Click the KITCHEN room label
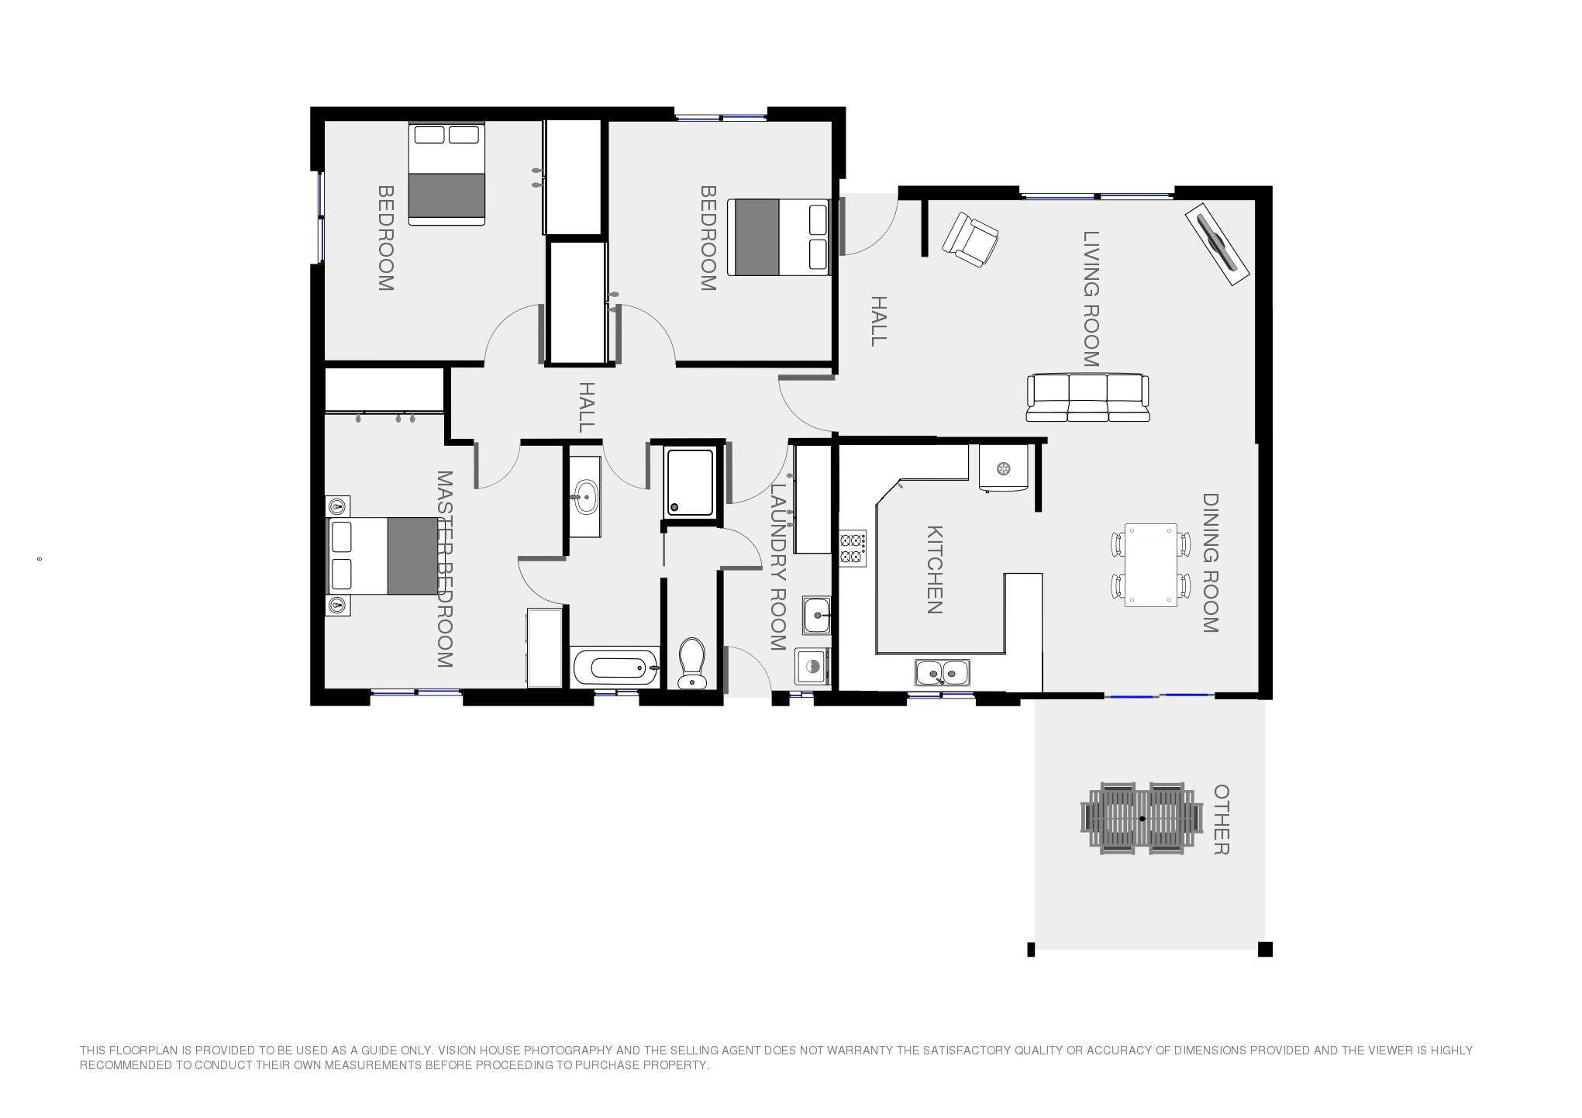(x=935, y=570)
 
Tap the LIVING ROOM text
(x=1091, y=298)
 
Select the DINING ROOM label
(x=1211, y=563)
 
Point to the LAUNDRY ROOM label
(x=778, y=567)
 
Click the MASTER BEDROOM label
(x=444, y=569)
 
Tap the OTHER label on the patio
(x=1222, y=820)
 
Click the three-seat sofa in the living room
(x=1087, y=398)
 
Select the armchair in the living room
(x=970, y=240)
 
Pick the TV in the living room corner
(x=1217, y=244)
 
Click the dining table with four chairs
(x=1151, y=564)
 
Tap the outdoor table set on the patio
(x=1142, y=819)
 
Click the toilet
(x=691, y=663)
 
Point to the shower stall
(x=689, y=482)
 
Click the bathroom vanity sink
(x=584, y=495)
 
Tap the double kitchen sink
(x=942, y=673)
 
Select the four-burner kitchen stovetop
(x=853, y=548)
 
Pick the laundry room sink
(x=816, y=616)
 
